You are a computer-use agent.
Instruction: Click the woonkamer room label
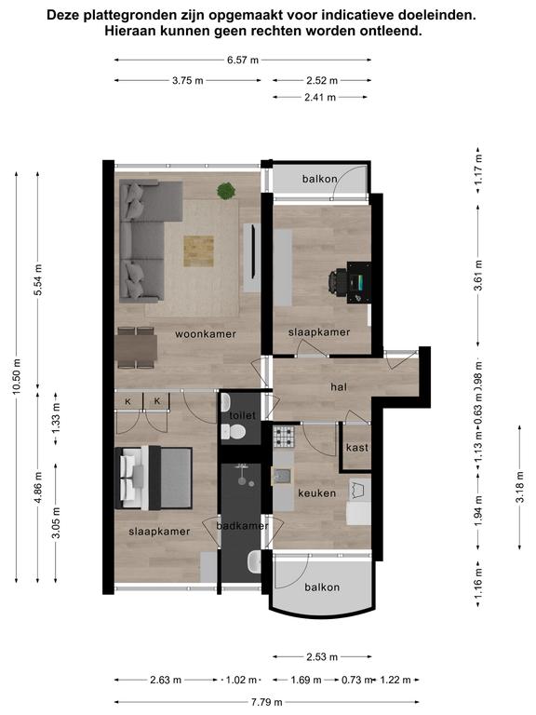pyautogui.click(x=206, y=334)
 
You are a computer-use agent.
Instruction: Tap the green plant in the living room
pyautogui.click(x=226, y=191)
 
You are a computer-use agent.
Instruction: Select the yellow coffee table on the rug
pyautogui.click(x=199, y=250)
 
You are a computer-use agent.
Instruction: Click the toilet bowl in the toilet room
pyautogui.click(x=234, y=431)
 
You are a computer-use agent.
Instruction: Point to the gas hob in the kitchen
pyautogui.click(x=284, y=437)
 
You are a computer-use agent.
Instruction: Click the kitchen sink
pyautogui.click(x=282, y=476)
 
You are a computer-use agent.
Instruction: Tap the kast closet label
pyautogui.click(x=357, y=447)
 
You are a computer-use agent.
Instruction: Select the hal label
pyautogui.click(x=339, y=387)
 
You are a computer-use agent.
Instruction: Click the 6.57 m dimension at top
pyautogui.click(x=243, y=60)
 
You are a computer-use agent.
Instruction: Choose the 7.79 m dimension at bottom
pyautogui.click(x=266, y=702)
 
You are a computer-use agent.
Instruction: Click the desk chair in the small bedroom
pyautogui.click(x=338, y=282)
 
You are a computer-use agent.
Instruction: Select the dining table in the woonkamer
pyautogui.click(x=137, y=348)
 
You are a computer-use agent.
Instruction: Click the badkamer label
pyautogui.click(x=243, y=526)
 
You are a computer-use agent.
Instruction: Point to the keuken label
pyautogui.click(x=317, y=492)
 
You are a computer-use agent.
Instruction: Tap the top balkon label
pyautogui.click(x=320, y=179)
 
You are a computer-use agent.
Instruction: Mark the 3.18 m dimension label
pyautogui.click(x=519, y=487)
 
